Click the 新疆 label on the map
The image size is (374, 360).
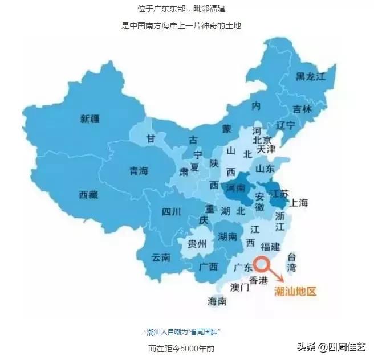click(x=90, y=119)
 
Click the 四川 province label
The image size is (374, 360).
click(x=171, y=212)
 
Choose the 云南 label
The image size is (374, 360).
click(x=161, y=257)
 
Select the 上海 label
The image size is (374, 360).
click(x=299, y=203)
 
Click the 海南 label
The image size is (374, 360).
click(x=217, y=301)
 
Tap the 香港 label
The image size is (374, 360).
click(x=258, y=281)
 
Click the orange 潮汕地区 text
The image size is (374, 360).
click(x=295, y=291)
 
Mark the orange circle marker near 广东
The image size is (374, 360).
click(x=262, y=264)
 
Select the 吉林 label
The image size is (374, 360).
click(x=302, y=110)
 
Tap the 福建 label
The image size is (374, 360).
click(x=270, y=247)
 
